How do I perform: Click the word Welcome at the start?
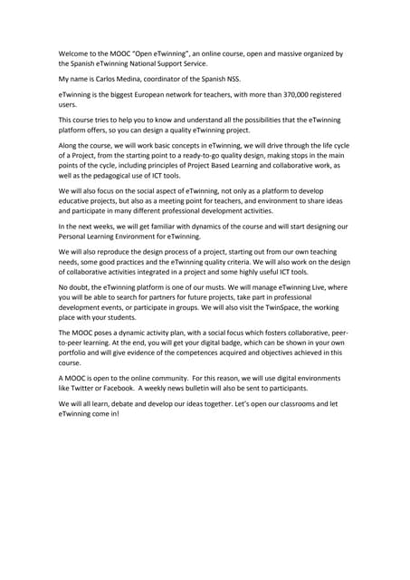[x=76, y=53]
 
